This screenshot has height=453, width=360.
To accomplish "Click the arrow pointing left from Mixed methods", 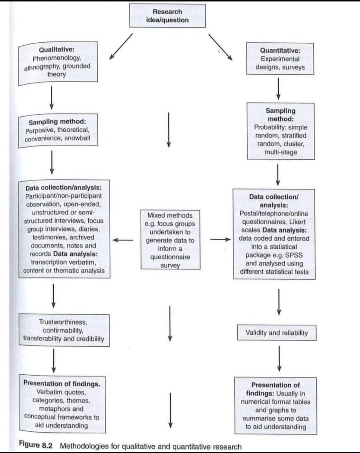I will [123, 239].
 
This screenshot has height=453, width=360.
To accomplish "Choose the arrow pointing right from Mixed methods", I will [220, 239].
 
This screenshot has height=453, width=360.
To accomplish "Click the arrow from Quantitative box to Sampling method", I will [279, 88].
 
